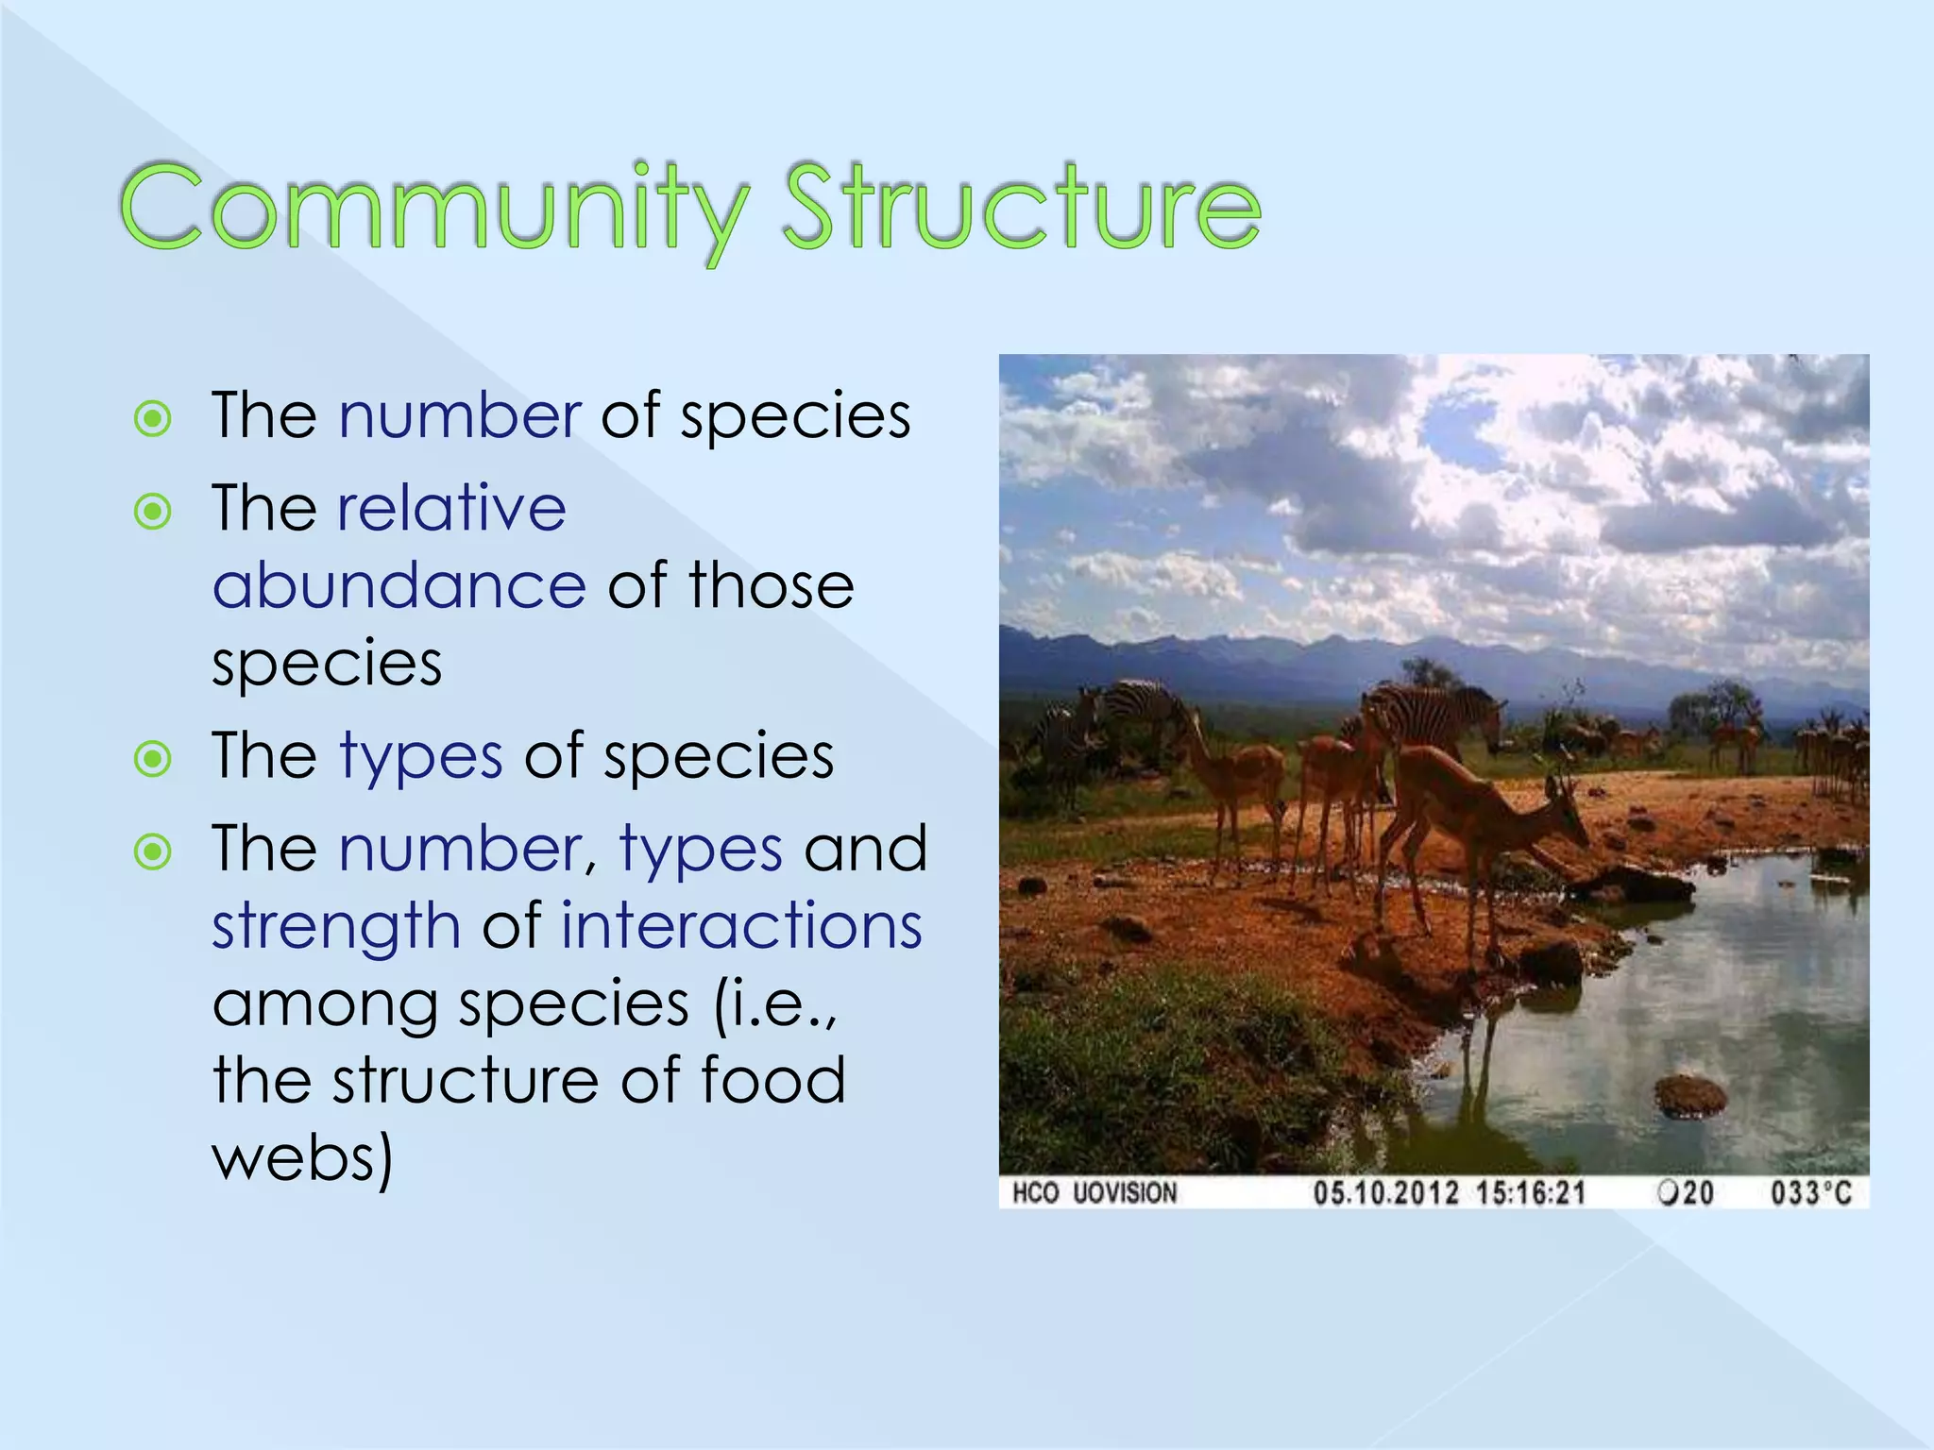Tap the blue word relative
(452, 509)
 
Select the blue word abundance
(399, 586)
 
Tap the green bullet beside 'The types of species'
(153, 758)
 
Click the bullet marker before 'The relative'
(153, 512)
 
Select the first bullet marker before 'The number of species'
(153, 418)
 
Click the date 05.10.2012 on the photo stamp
(1385, 1193)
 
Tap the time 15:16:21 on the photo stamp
(1531, 1193)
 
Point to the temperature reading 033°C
(1810, 1193)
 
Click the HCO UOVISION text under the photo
(1094, 1193)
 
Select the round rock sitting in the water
(1690, 1096)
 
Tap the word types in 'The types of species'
(421, 757)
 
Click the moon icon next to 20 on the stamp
(1668, 1193)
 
